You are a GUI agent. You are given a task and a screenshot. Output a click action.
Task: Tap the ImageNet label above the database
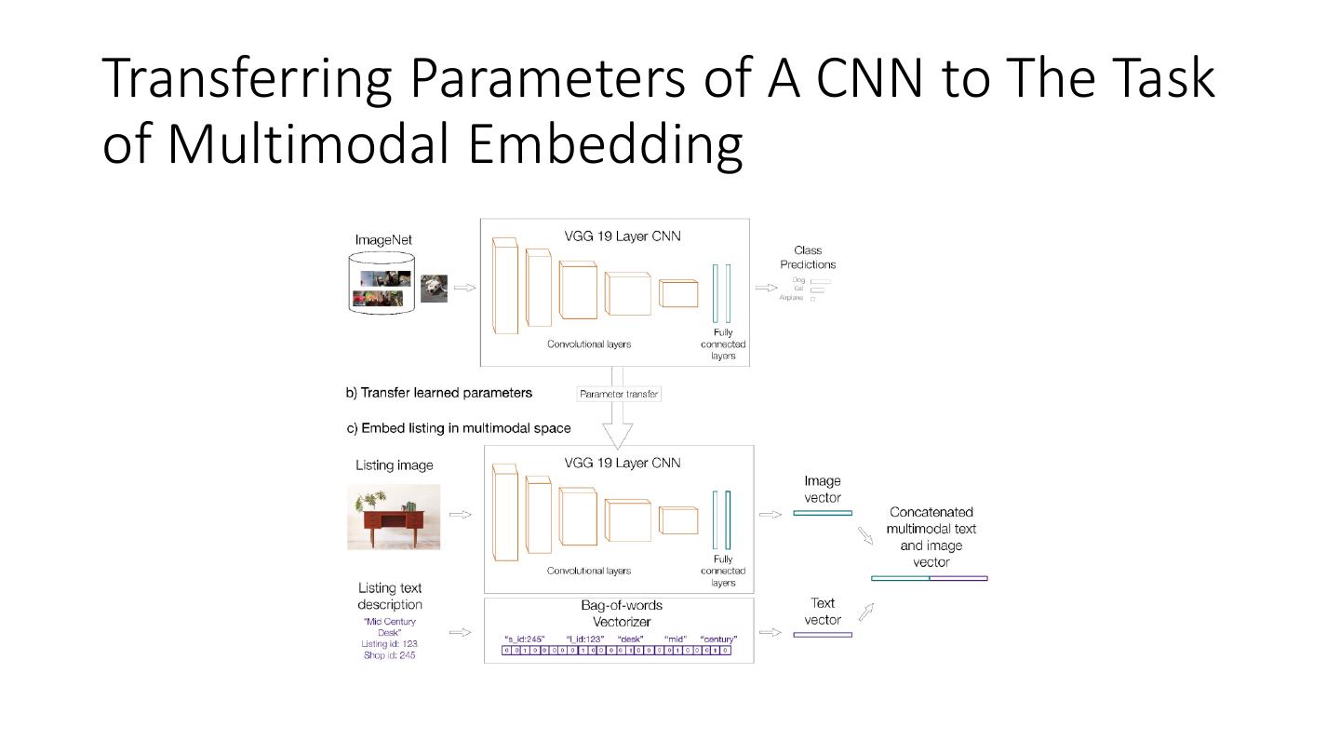(x=383, y=240)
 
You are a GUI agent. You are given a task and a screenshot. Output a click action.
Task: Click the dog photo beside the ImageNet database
(x=434, y=288)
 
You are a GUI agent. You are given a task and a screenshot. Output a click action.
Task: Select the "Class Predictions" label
(x=808, y=257)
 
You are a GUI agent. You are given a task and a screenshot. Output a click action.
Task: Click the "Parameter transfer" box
(x=619, y=394)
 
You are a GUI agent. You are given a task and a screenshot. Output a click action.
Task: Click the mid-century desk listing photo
(x=394, y=517)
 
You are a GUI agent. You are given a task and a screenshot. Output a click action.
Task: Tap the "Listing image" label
(x=394, y=465)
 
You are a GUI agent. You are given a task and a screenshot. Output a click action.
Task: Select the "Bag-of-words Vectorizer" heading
(x=621, y=613)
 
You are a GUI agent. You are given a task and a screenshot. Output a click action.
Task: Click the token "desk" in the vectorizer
(x=631, y=640)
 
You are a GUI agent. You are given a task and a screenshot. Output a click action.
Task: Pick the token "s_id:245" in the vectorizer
(x=523, y=640)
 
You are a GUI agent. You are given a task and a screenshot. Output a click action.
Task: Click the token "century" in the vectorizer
(x=718, y=640)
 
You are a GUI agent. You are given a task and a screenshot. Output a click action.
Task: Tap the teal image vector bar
(x=823, y=513)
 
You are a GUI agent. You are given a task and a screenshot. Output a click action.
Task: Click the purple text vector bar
(x=823, y=635)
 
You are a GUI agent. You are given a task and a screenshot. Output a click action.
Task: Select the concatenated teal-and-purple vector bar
(x=929, y=578)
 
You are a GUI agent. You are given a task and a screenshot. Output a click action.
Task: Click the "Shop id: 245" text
(x=389, y=655)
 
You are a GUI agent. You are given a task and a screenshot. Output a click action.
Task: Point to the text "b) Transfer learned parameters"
(x=439, y=393)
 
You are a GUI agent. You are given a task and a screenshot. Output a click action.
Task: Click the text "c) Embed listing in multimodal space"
(x=459, y=428)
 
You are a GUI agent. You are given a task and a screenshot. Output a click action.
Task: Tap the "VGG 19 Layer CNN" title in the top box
(x=623, y=236)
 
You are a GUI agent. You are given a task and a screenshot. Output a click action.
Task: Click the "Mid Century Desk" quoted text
(x=389, y=626)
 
